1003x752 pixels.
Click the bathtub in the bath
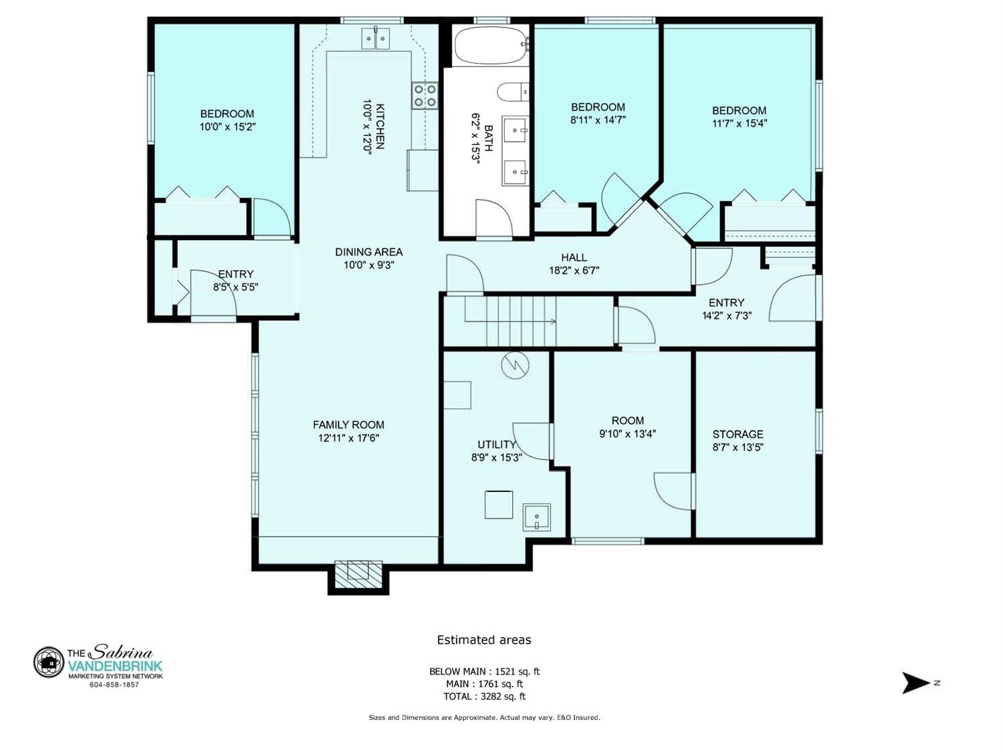(491, 45)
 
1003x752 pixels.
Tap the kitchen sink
(376, 38)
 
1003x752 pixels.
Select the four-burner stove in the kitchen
(425, 96)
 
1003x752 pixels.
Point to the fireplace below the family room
(358, 574)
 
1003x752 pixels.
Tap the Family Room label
(348, 424)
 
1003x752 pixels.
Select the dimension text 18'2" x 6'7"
(574, 270)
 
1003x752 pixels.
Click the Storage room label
(738, 434)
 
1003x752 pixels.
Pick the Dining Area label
(368, 252)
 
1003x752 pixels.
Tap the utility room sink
(536, 517)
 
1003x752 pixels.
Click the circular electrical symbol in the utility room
(515, 365)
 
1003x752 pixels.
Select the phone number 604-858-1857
(114, 685)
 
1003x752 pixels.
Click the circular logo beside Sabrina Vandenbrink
(48, 662)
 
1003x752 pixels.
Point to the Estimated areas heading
(484, 640)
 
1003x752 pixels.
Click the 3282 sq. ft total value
(500, 697)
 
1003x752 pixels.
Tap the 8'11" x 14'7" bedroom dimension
(598, 120)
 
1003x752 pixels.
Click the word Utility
(497, 445)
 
